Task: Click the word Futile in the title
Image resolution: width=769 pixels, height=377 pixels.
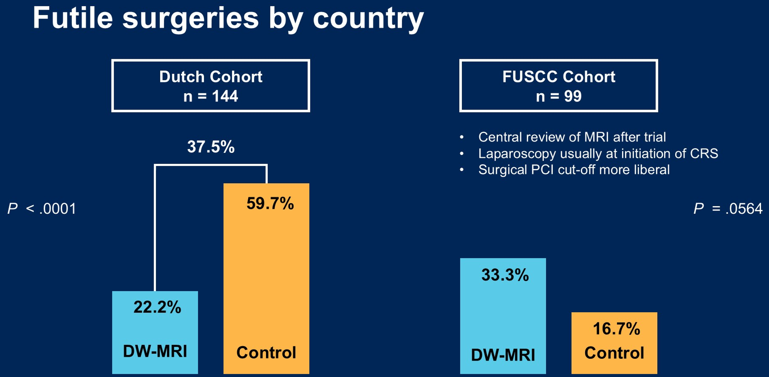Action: pos(73,18)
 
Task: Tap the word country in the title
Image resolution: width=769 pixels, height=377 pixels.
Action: pos(368,20)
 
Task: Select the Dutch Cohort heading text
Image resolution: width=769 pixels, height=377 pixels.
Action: pos(211,77)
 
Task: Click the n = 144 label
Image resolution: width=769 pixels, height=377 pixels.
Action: pos(211,96)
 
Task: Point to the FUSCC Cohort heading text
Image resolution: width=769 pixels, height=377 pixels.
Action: pos(559,77)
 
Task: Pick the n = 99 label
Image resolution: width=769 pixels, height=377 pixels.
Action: pos(559,96)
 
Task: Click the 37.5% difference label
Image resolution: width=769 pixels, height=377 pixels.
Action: pos(211,147)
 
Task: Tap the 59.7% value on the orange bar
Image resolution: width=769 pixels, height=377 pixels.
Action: pos(270,203)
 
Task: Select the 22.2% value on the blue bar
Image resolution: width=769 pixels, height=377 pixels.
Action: pos(157,307)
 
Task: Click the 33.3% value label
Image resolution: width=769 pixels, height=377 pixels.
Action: pos(505,275)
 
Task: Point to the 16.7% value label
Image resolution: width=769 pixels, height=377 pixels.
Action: pos(616,329)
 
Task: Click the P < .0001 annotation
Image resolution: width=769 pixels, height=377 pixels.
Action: pos(42,208)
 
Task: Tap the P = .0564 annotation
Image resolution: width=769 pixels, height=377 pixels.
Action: pos(728,208)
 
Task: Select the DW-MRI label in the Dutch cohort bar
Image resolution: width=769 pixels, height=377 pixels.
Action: pos(155,351)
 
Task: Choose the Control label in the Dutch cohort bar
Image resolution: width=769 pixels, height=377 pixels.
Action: pos(266,352)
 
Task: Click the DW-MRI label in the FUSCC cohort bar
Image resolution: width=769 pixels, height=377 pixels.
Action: pos(503,355)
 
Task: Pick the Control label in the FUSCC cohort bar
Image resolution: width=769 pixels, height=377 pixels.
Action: pos(614,353)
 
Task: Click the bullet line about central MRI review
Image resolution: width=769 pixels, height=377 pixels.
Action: pos(572,137)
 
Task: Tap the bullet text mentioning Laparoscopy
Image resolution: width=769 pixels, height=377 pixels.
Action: pos(598,154)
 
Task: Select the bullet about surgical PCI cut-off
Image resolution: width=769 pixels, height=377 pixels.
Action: pos(574,170)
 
